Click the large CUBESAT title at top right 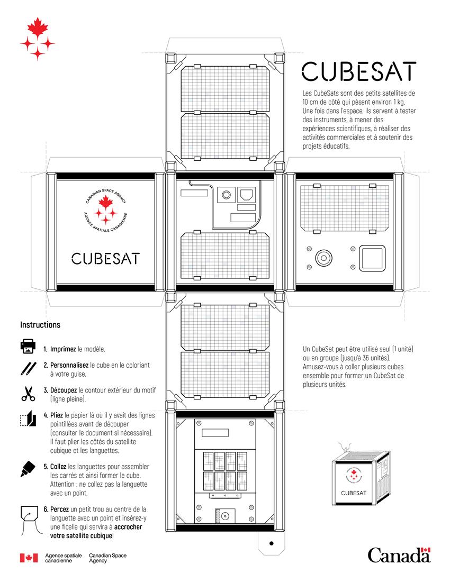pos(358,71)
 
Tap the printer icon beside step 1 pos(28,347)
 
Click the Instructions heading pos(40,325)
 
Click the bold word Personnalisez pos(69,365)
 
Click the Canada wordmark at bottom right pos(399,555)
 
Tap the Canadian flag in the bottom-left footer pos(29,558)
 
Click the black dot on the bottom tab pos(272,543)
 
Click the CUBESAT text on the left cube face pos(105,258)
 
